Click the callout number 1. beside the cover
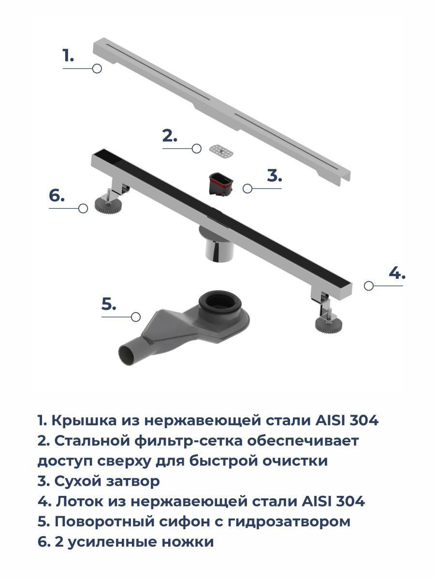68,55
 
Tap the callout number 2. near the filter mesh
170,136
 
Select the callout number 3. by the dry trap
275,175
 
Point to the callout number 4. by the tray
397,273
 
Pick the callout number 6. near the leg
57,196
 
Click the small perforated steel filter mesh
221,152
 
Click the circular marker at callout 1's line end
97,69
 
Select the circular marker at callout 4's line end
368,286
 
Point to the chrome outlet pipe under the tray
219,248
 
